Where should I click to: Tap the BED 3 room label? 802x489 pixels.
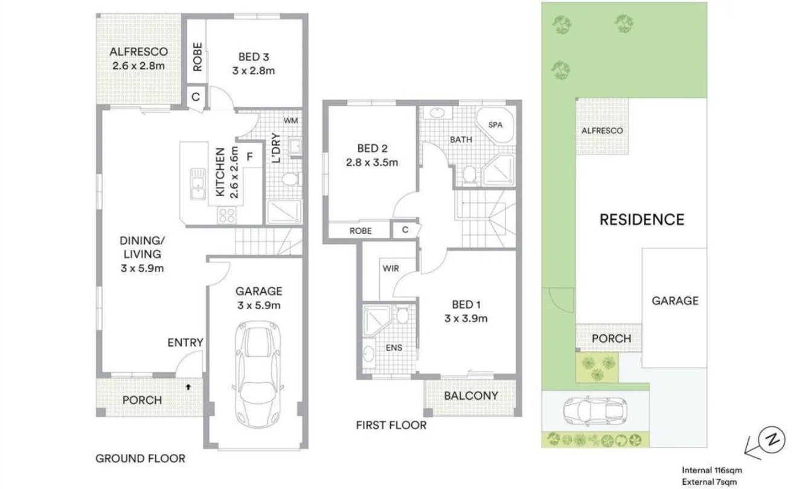click(253, 57)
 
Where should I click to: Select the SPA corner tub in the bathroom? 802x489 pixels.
click(495, 125)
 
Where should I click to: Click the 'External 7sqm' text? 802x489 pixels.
click(710, 481)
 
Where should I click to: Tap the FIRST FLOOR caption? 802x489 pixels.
click(391, 426)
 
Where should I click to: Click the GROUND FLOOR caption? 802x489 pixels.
click(140, 459)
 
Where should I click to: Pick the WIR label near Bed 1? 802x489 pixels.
click(390, 268)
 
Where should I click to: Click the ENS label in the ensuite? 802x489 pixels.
click(394, 348)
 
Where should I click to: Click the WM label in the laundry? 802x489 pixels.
click(291, 121)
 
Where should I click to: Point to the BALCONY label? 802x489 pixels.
click(471, 396)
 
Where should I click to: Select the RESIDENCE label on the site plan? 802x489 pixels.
click(641, 219)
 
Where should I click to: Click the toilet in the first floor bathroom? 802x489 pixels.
click(469, 174)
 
